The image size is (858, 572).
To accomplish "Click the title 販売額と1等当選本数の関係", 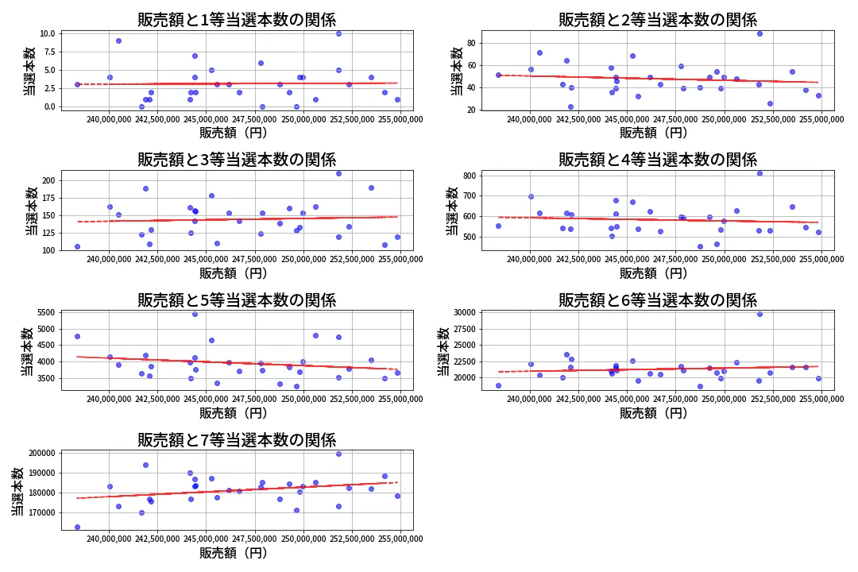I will coord(237,20).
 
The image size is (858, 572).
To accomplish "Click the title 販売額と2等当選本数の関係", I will coord(657,20).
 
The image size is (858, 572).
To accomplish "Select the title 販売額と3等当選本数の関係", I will coord(237,160).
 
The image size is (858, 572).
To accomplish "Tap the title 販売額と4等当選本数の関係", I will coord(657,160).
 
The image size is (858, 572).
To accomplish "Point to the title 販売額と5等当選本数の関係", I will coord(237,300).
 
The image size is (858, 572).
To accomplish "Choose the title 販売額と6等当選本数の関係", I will coord(657,300).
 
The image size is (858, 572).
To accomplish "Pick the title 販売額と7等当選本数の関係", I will coord(237,440).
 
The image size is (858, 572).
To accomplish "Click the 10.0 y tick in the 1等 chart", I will coord(47,33).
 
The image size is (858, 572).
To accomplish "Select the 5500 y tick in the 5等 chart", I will coord(44,313).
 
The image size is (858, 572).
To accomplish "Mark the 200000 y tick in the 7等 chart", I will coord(41,453).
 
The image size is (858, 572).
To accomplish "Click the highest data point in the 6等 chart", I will coord(759,314).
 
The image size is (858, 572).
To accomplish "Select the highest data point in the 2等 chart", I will coord(759,33).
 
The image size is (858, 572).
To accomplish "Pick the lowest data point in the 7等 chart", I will coord(77,527).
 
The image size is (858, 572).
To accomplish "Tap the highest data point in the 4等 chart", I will coord(759,173).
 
